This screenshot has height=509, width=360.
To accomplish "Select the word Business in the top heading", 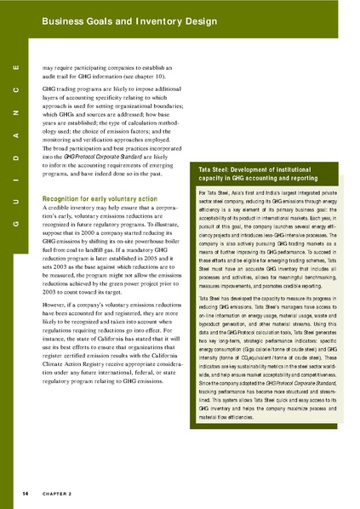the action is click(63, 17).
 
